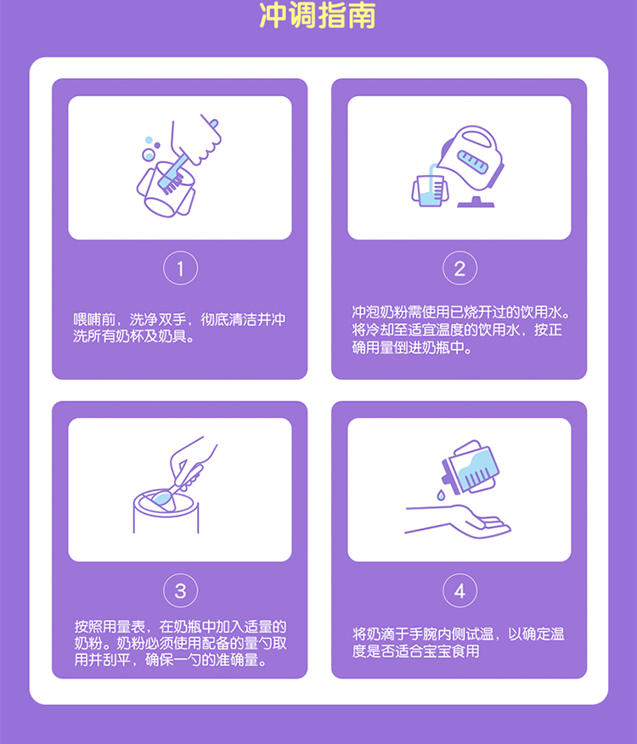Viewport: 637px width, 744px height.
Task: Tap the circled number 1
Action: tap(180, 269)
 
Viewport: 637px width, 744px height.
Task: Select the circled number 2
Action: tap(459, 269)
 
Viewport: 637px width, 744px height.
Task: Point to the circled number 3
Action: tap(180, 591)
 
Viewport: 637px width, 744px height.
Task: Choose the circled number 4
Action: tap(459, 591)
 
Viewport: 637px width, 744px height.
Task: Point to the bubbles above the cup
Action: tap(150, 149)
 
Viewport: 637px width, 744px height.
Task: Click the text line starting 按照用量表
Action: tap(180, 627)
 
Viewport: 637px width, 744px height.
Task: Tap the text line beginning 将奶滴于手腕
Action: tap(459, 634)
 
